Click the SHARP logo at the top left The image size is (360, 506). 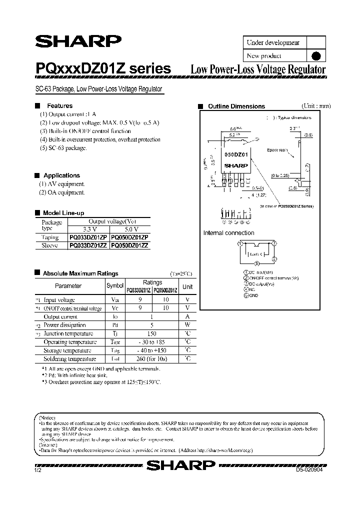(77, 41)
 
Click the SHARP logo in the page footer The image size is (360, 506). (180, 466)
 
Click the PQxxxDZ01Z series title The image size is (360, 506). (103, 69)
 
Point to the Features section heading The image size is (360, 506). (59, 106)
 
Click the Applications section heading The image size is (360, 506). (61, 175)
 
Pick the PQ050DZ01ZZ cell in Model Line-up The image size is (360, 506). (129, 245)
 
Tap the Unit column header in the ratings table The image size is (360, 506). (187, 287)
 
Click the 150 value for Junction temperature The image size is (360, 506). (152, 333)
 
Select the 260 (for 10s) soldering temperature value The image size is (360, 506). (152, 359)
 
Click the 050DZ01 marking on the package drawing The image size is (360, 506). (234, 156)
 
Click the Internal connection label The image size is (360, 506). (228, 233)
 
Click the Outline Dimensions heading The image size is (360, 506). (236, 106)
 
